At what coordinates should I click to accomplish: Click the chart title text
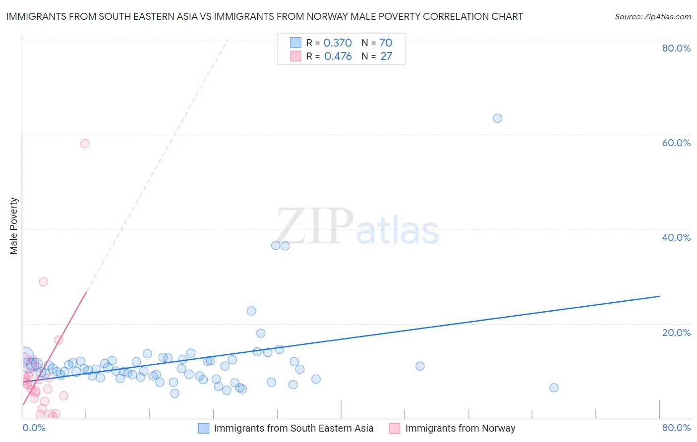(x=264, y=16)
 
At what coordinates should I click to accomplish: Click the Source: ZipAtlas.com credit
(x=652, y=16)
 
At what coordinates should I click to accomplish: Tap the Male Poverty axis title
(x=13, y=226)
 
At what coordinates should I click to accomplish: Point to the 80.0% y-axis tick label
(x=676, y=48)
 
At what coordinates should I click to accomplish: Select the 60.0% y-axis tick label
(x=676, y=143)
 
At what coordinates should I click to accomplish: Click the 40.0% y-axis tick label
(x=676, y=237)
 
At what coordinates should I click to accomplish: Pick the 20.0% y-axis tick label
(x=676, y=332)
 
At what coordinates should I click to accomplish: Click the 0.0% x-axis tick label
(x=34, y=428)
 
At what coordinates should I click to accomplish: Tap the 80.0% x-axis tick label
(x=676, y=428)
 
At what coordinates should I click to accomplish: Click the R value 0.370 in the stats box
(x=338, y=43)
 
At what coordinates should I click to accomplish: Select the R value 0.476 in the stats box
(x=338, y=56)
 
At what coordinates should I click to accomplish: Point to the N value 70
(x=386, y=43)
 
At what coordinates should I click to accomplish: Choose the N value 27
(x=386, y=56)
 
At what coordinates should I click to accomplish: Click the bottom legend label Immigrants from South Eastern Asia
(x=293, y=428)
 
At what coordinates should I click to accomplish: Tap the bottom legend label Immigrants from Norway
(x=460, y=428)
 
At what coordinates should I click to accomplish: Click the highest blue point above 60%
(x=497, y=118)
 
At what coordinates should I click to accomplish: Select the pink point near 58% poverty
(x=85, y=144)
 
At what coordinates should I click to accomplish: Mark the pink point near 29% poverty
(x=43, y=282)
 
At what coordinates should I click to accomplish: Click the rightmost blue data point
(x=554, y=388)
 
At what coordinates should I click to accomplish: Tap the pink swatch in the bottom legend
(x=395, y=428)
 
